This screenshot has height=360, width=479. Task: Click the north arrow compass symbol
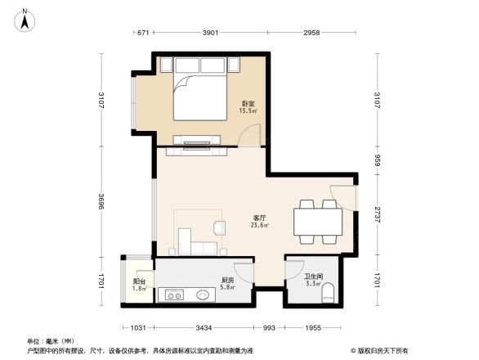point(25,18)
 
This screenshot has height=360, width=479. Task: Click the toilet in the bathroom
point(328,295)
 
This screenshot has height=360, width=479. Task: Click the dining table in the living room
point(318,222)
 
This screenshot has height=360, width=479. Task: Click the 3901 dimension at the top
point(210,34)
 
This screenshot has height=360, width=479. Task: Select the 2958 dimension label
point(311,34)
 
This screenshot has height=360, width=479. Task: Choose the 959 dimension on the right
point(377,161)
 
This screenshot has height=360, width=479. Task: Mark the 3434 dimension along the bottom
point(204,327)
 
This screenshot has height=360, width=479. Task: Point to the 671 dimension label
point(143,34)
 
